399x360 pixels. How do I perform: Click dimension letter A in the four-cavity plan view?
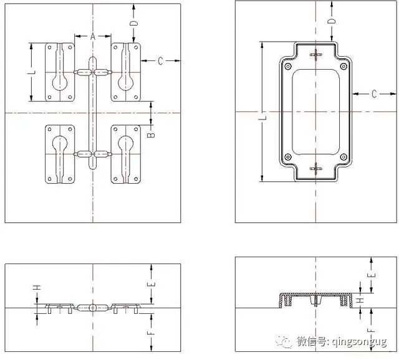(93, 37)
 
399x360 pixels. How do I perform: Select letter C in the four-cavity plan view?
(160, 60)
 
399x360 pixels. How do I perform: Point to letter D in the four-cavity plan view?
(133, 23)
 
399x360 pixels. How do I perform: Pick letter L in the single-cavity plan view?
(262, 116)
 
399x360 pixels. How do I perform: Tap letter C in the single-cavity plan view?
(374, 93)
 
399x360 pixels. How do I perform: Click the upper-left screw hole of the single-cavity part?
(287, 66)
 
